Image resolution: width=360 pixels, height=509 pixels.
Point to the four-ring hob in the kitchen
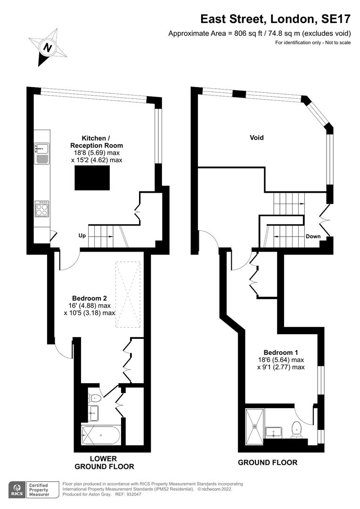coord(42,209)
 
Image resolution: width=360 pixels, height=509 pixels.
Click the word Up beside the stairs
coord(82,235)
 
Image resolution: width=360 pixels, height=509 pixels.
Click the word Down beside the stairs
coord(313,237)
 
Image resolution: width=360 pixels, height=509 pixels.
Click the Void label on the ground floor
coord(257,138)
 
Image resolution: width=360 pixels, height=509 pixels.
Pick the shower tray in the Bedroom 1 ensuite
coord(255,427)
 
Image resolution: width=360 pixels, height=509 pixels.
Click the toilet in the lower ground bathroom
coord(94,397)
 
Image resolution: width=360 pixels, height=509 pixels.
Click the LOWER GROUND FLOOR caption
coord(104,462)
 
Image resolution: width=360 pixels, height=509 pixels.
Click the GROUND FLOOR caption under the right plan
coord(267,462)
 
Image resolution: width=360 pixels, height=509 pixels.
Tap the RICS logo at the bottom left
coord(18,490)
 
